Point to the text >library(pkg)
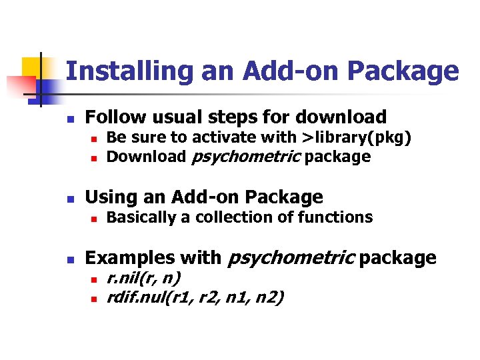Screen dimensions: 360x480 [x=357, y=138]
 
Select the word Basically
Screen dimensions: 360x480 [x=140, y=217]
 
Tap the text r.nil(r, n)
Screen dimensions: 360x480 [x=144, y=277]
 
